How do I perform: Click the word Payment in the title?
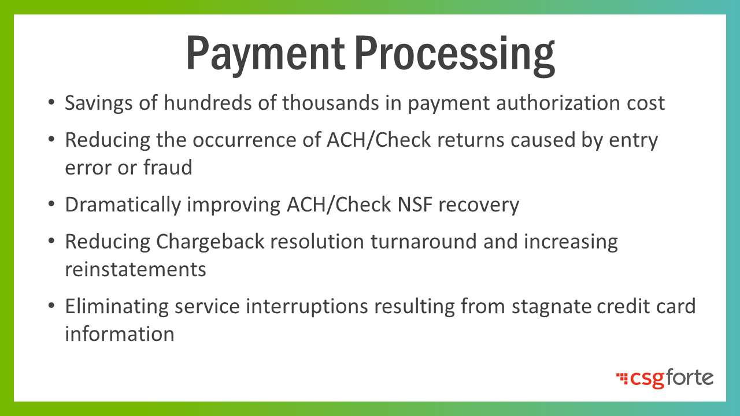tap(266, 54)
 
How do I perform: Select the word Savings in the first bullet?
tap(99, 103)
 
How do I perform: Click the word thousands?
tap(331, 103)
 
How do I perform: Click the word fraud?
tap(168, 167)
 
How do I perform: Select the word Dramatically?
tap(123, 205)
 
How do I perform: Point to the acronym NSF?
tap(415, 205)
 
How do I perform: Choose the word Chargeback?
tap(210, 242)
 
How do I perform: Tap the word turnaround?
tap(424, 242)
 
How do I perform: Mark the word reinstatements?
tap(135, 269)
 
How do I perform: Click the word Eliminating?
tap(117, 307)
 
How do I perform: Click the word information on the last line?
tap(120, 333)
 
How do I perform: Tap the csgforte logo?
tap(665, 378)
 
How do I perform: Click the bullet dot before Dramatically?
tap(51, 204)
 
